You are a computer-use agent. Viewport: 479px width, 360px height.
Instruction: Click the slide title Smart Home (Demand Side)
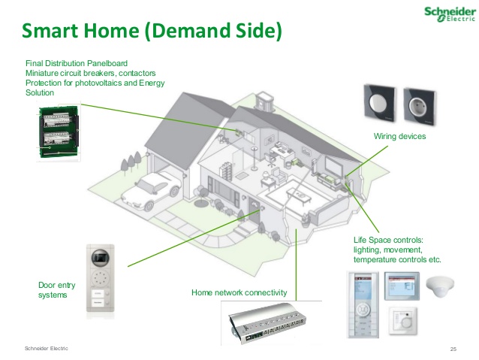click(151, 32)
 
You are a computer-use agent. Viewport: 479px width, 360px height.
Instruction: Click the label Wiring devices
click(399, 136)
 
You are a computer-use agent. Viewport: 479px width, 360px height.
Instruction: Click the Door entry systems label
click(53, 289)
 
